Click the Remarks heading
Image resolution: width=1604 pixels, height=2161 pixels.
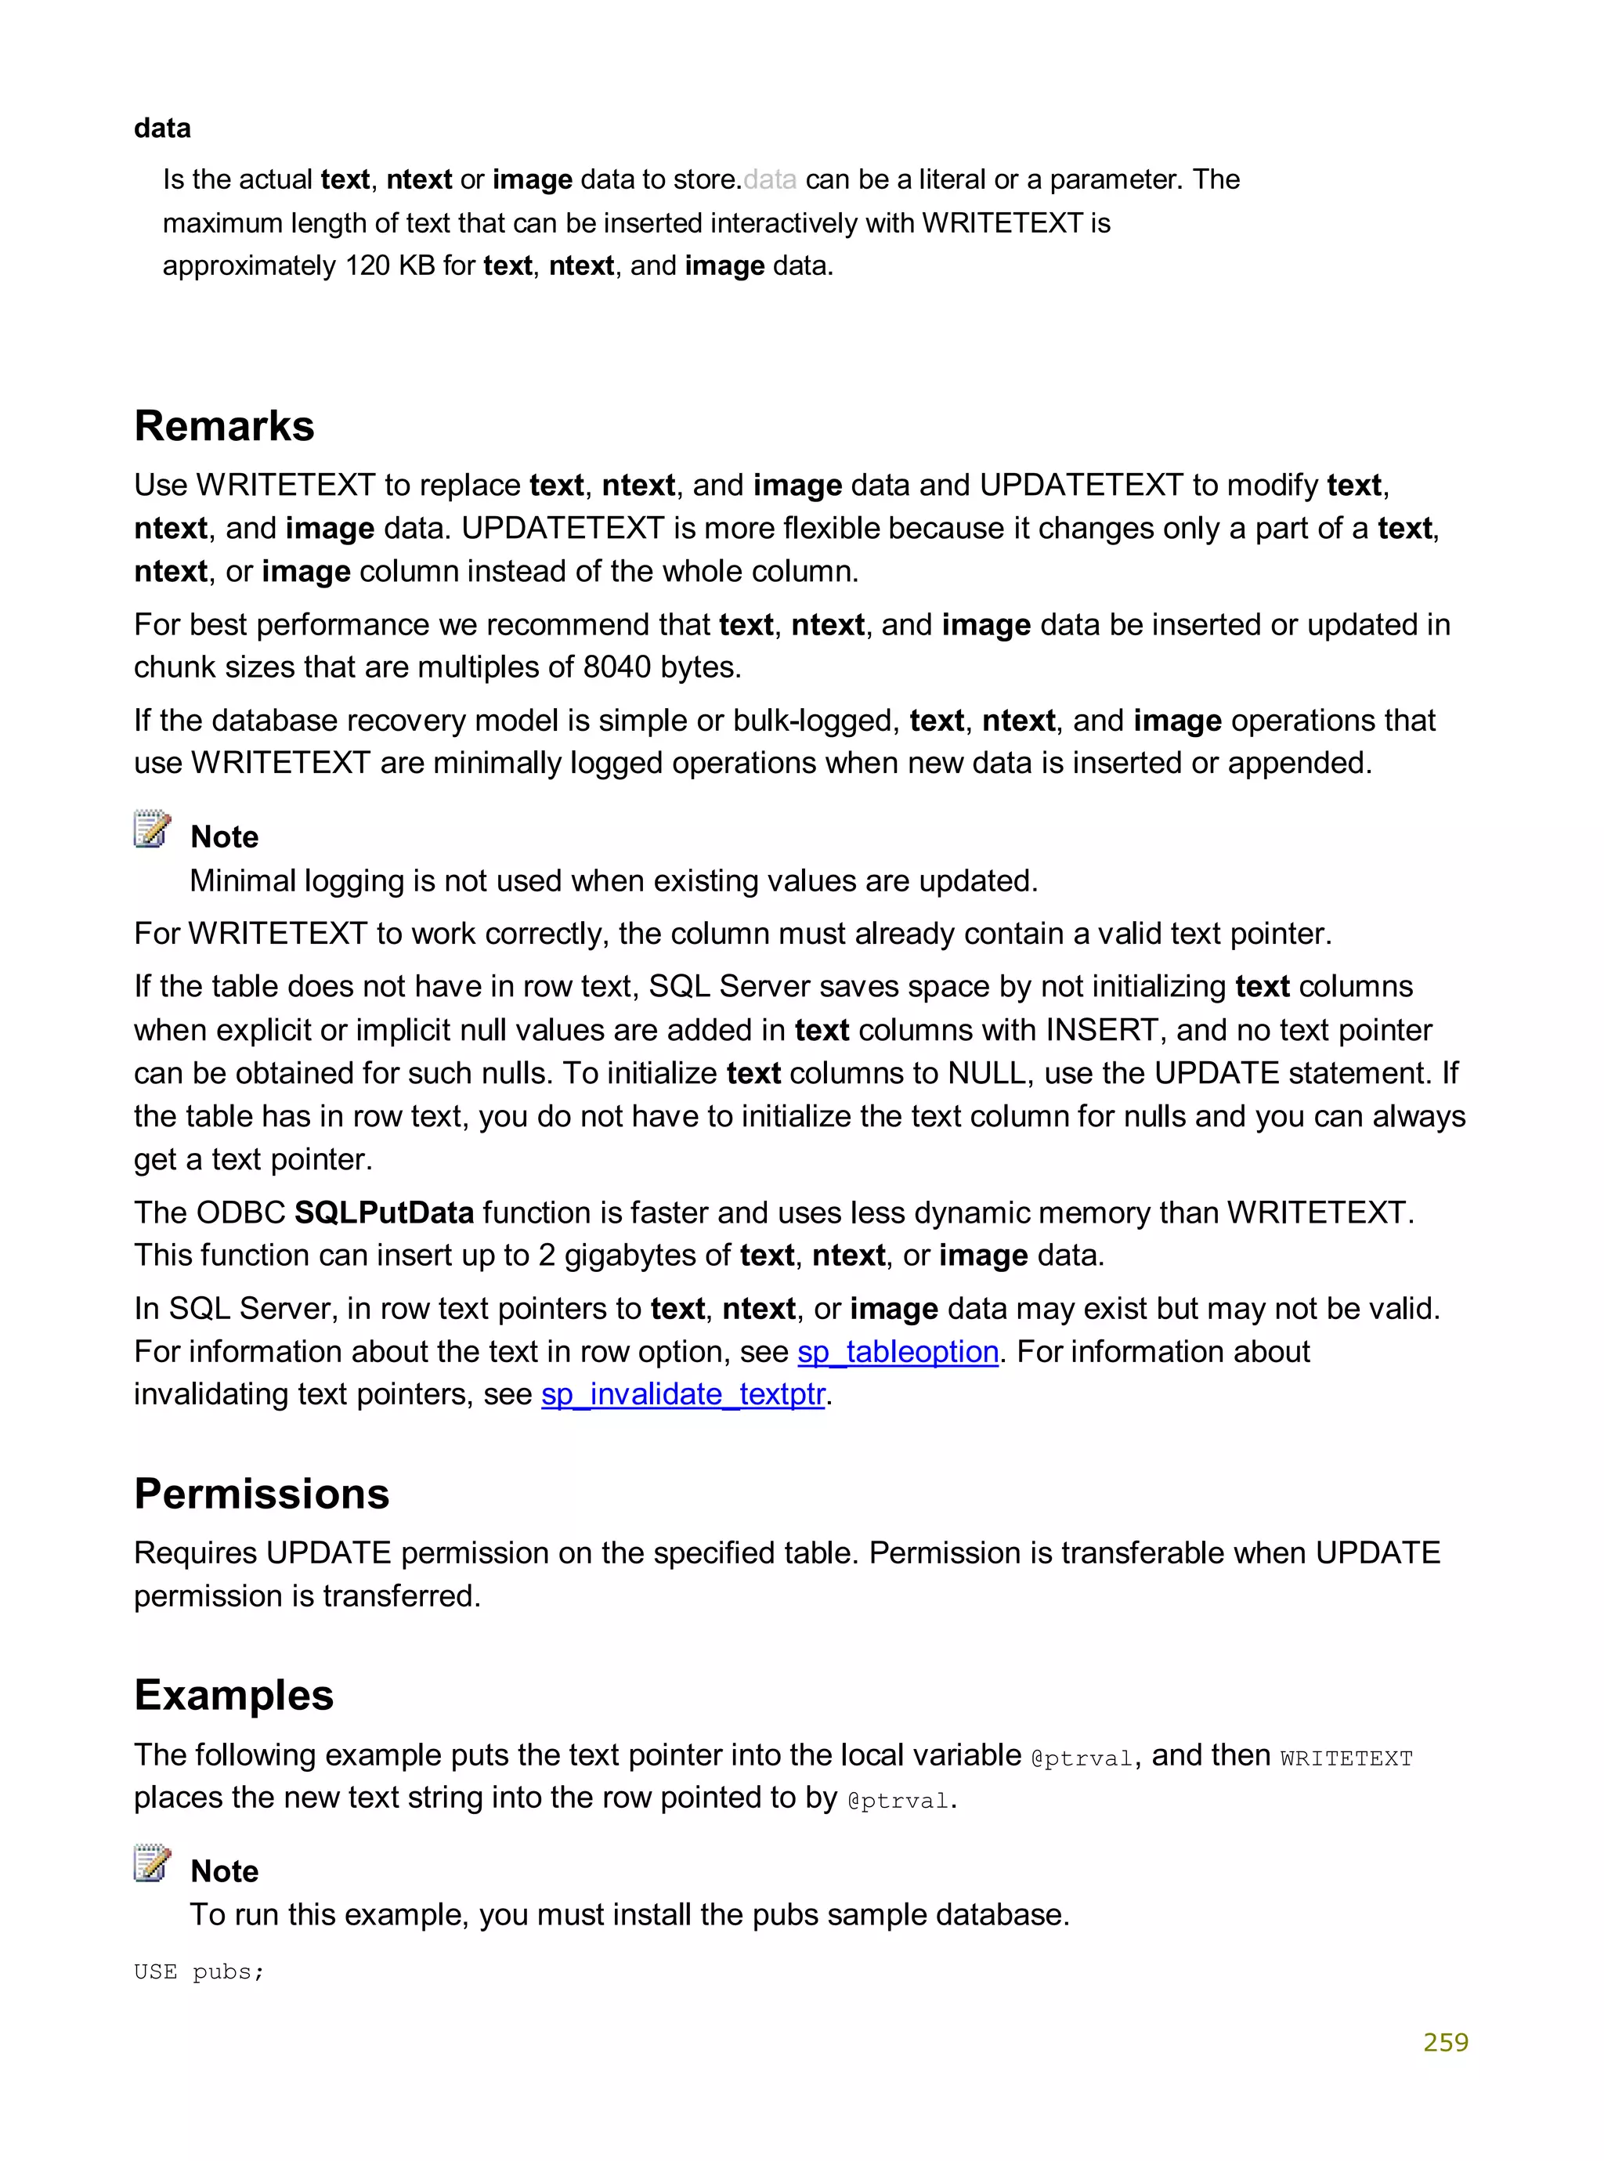(224, 426)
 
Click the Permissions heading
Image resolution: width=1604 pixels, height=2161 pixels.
(261, 1493)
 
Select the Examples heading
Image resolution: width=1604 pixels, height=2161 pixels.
(234, 1695)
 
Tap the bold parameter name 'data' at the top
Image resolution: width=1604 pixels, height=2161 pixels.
(162, 128)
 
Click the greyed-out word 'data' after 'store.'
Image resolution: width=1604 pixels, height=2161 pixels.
(770, 179)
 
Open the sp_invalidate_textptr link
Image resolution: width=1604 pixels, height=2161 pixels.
(683, 1394)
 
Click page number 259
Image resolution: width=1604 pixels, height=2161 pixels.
(1445, 2043)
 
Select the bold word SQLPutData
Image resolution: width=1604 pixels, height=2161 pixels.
(384, 1212)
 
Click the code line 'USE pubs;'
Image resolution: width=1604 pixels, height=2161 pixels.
(199, 1971)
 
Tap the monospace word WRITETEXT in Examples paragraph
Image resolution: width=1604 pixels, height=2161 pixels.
(1346, 1758)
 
